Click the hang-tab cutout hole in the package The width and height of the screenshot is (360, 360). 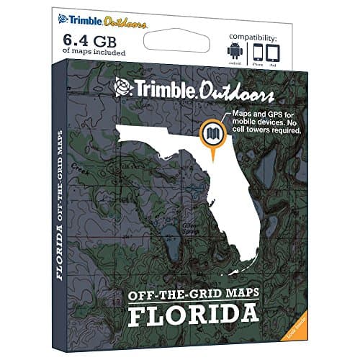pyautogui.click(x=180, y=31)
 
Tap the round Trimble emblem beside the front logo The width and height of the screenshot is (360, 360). pyautogui.click(x=123, y=88)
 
